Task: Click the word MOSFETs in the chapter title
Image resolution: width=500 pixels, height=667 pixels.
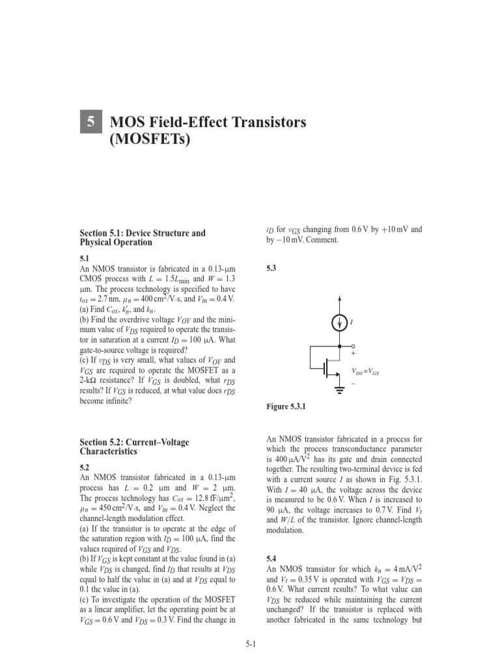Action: [x=151, y=140]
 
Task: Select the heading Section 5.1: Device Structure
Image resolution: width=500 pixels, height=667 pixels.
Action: [x=143, y=233]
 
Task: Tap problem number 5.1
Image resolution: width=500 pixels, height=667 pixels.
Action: [x=85, y=259]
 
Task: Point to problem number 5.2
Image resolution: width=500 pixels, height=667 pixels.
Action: [x=85, y=468]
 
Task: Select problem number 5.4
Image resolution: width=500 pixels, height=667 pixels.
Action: [x=272, y=559]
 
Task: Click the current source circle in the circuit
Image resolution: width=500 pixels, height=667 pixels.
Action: [x=339, y=322]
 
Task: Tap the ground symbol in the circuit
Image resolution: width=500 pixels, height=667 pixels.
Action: [x=339, y=391]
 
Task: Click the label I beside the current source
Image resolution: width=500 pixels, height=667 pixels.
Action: [x=352, y=322]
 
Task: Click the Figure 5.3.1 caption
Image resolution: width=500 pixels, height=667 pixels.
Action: [x=286, y=407]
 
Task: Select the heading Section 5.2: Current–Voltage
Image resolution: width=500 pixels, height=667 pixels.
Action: [x=134, y=442]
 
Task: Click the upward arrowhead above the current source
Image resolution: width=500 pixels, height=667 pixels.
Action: [x=339, y=299]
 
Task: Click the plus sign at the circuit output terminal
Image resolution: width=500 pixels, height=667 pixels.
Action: [x=354, y=354]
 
